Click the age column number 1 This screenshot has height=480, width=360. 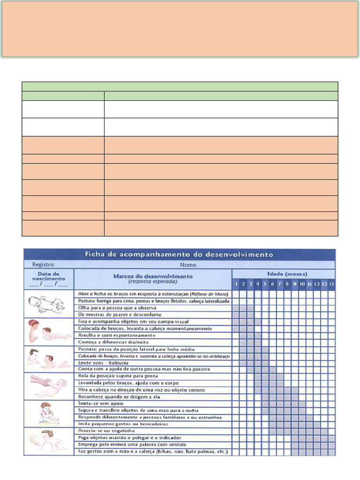point(236,284)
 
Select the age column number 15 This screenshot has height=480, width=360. point(332,284)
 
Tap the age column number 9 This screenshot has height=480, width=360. point(295,284)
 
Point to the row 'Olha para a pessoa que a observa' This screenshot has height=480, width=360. point(110,307)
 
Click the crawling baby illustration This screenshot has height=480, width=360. point(49,440)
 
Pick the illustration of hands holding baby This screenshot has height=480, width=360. point(49,385)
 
